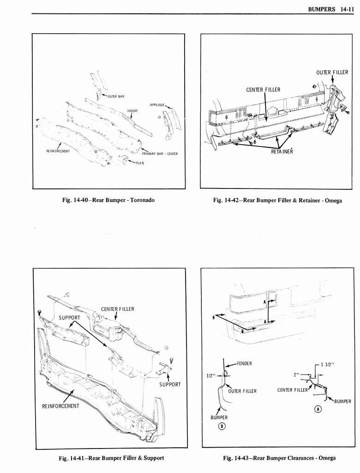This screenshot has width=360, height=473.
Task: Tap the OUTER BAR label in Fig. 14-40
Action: pos(116,97)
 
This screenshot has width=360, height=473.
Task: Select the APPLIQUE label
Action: pos(157,105)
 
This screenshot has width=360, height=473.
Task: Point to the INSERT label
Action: pos(132,111)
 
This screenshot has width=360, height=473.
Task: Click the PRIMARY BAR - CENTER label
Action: pos(160,154)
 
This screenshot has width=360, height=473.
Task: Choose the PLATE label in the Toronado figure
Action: pos(140,163)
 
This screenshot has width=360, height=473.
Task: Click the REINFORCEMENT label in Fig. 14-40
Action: pos(58,151)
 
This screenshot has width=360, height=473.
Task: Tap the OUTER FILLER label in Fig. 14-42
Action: pos(332,72)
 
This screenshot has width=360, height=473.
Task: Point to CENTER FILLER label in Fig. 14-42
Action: pos(263,90)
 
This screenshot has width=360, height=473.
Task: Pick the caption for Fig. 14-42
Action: pos(277,200)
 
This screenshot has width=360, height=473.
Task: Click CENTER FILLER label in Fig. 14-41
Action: pos(118,309)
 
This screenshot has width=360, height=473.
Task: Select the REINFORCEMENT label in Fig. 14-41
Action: pos(60,406)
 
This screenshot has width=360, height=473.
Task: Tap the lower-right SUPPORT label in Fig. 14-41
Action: pos(170,384)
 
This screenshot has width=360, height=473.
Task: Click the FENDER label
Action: pos(244,363)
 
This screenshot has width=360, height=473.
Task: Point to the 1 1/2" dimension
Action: pos(328,365)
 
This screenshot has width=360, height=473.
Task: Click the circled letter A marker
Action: pos(318,409)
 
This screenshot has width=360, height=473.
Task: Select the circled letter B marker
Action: pos(221,426)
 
